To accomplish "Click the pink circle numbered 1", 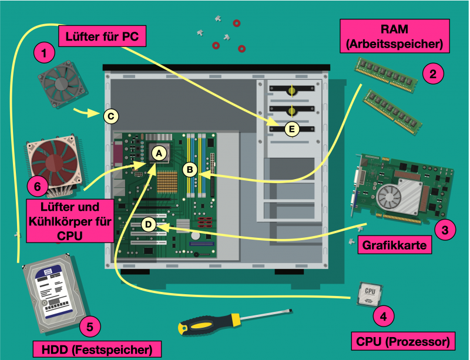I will tap(44, 52).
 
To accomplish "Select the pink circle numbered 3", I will tap(445, 230).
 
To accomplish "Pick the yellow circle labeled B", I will tap(190, 169).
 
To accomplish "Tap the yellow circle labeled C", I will tap(110, 116).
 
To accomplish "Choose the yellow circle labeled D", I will tap(149, 224).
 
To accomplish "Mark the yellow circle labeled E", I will tap(291, 129).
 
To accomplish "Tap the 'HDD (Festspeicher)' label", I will tap(97, 349).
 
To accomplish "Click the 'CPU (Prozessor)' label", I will tap(403, 341).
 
